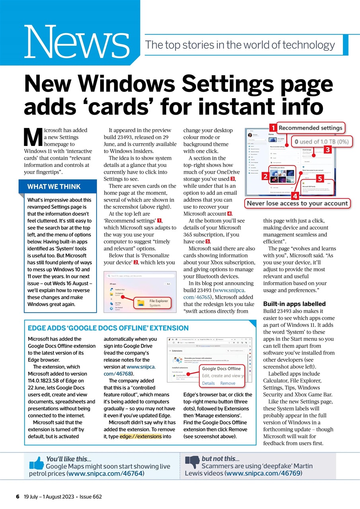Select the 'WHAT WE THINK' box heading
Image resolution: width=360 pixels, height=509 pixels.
(54, 187)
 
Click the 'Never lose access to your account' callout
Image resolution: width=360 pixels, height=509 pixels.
(298, 203)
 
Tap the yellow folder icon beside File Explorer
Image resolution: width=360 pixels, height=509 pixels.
(141, 303)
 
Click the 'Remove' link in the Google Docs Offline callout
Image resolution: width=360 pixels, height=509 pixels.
(228, 383)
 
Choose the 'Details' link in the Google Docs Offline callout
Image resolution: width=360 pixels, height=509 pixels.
(208, 383)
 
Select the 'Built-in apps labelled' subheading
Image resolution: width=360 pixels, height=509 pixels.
(294, 304)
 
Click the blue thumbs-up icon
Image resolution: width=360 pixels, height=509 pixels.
(37, 463)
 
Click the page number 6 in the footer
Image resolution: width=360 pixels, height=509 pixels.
(18, 497)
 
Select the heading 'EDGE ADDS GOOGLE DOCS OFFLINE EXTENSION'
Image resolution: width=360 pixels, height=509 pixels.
(108, 328)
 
